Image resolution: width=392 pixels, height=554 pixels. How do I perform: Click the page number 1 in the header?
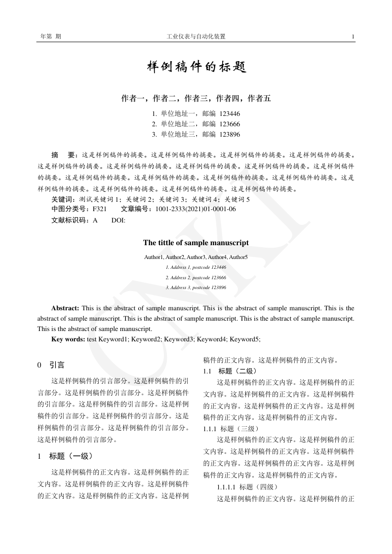(x=353, y=37)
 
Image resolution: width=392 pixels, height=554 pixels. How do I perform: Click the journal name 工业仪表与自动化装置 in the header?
(x=196, y=37)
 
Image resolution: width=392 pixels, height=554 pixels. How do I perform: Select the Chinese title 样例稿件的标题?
(x=196, y=67)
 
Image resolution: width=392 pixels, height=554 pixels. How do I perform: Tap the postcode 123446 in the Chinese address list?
(x=230, y=113)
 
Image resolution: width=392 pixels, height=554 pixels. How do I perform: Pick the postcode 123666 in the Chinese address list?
(x=230, y=124)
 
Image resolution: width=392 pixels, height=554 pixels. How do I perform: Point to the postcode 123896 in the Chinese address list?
(x=230, y=134)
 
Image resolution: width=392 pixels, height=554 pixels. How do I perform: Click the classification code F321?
(x=100, y=209)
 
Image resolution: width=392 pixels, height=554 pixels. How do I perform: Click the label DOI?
(x=118, y=220)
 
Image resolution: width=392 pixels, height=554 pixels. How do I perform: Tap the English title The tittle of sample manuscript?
(x=196, y=243)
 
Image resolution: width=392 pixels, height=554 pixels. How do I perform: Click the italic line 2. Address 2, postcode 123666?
(x=196, y=278)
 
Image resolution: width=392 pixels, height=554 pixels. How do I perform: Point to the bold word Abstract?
(x=66, y=308)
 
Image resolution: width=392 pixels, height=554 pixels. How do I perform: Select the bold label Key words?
(x=68, y=339)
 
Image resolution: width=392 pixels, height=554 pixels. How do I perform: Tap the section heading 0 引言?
(x=51, y=366)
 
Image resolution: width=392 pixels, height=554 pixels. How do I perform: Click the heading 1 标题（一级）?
(x=65, y=456)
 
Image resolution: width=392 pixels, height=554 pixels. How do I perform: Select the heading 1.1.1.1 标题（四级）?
(x=248, y=487)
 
